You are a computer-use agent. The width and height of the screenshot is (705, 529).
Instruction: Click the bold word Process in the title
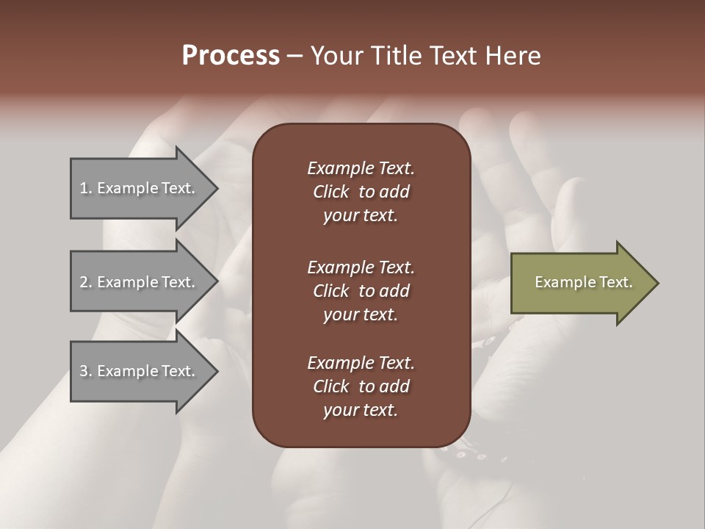[231, 56]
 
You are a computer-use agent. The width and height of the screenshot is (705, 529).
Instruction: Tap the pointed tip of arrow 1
[215, 188]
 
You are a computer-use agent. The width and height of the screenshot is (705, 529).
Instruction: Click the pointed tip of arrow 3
[215, 371]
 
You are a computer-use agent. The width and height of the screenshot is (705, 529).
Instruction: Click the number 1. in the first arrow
[85, 188]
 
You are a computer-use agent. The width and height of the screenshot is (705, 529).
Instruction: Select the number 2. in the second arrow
[85, 282]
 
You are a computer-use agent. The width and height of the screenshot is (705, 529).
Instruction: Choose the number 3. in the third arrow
[85, 371]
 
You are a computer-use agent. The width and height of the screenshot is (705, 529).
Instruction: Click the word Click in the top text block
[330, 192]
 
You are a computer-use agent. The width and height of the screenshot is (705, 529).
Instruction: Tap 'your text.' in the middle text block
[361, 314]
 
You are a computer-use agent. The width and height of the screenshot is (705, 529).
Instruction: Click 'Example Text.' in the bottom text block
[361, 363]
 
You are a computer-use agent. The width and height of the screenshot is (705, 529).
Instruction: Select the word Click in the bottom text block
[330, 386]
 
